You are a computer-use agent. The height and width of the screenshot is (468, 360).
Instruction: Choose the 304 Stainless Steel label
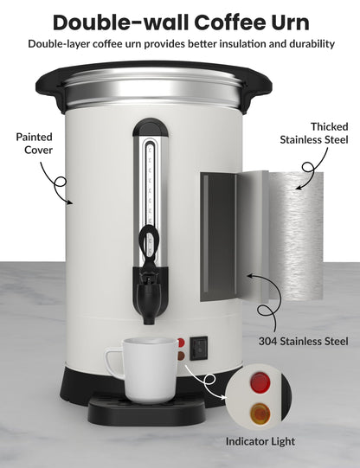click(x=302, y=341)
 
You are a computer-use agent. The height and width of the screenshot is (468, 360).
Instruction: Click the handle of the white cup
click(x=112, y=361)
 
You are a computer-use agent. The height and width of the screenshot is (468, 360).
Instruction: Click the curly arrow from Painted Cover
click(x=61, y=185)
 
